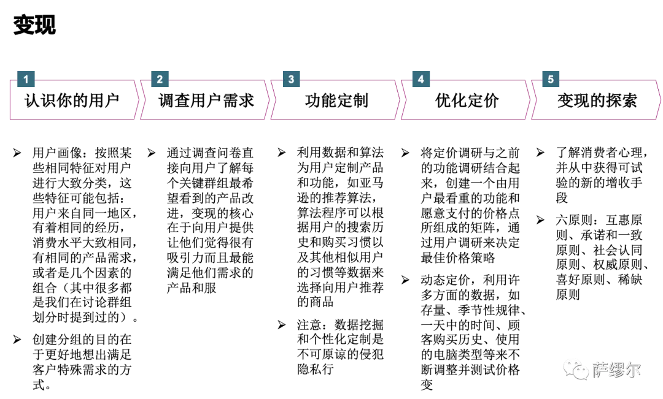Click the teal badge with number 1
click(x=26, y=79)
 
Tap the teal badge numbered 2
click(x=160, y=79)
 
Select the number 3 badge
click(x=291, y=79)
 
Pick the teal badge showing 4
click(x=421, y=79)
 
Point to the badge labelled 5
click(x=550, y=79)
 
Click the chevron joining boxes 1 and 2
click(x=138, y=100)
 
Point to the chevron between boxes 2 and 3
click(x=269, y=100)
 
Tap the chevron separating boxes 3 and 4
click(x=401, y=100)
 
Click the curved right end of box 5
click(x=659, y=100)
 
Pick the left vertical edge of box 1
click(x=9, y=100)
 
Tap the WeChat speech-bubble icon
click(x=576, y=369)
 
